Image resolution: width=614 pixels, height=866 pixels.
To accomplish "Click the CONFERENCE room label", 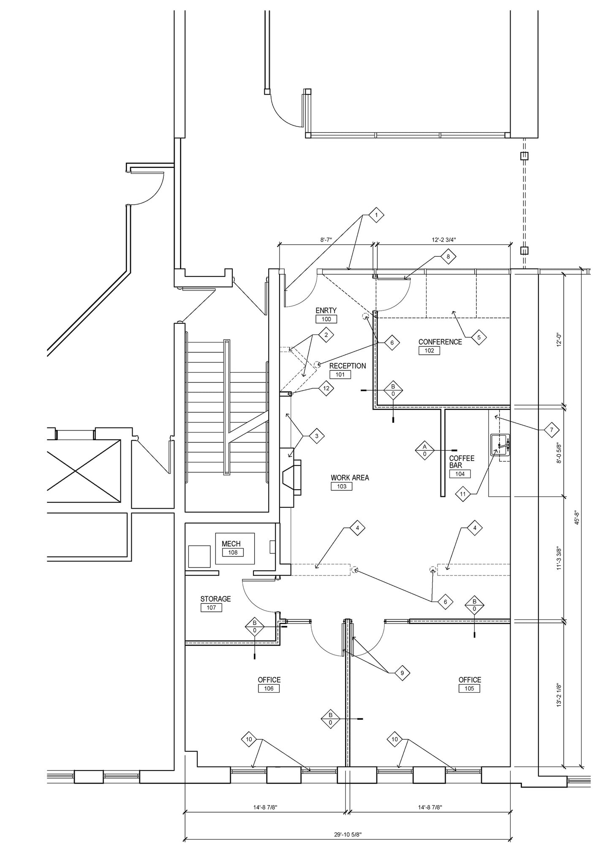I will click(440, 342).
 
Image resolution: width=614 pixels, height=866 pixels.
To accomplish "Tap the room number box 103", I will click(341, 486).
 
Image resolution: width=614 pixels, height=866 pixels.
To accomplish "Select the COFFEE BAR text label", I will click(461, 461).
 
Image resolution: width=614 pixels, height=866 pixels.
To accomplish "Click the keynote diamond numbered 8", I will click(448, 256).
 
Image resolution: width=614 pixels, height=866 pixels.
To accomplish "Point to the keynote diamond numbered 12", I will click(326, 388).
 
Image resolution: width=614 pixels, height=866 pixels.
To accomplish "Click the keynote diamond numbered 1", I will click(376, 215).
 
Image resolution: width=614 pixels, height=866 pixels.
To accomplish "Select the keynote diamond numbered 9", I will click(402, 673).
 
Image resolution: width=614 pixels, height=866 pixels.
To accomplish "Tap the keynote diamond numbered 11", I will click(463, 494).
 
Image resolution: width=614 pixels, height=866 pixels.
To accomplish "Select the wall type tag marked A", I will click(425, 450).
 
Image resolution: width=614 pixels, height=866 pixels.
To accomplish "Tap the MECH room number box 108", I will click(233, 552).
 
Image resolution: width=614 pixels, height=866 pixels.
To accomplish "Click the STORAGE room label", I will click(215, 599).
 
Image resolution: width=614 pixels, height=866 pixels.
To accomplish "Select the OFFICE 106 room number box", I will click(269, 688).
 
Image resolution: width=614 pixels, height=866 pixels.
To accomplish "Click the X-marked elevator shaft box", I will click(83, 471).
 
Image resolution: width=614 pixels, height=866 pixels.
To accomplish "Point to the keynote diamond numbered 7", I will click(552, 430).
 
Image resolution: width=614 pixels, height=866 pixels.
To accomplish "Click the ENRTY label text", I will click(326, 311).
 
